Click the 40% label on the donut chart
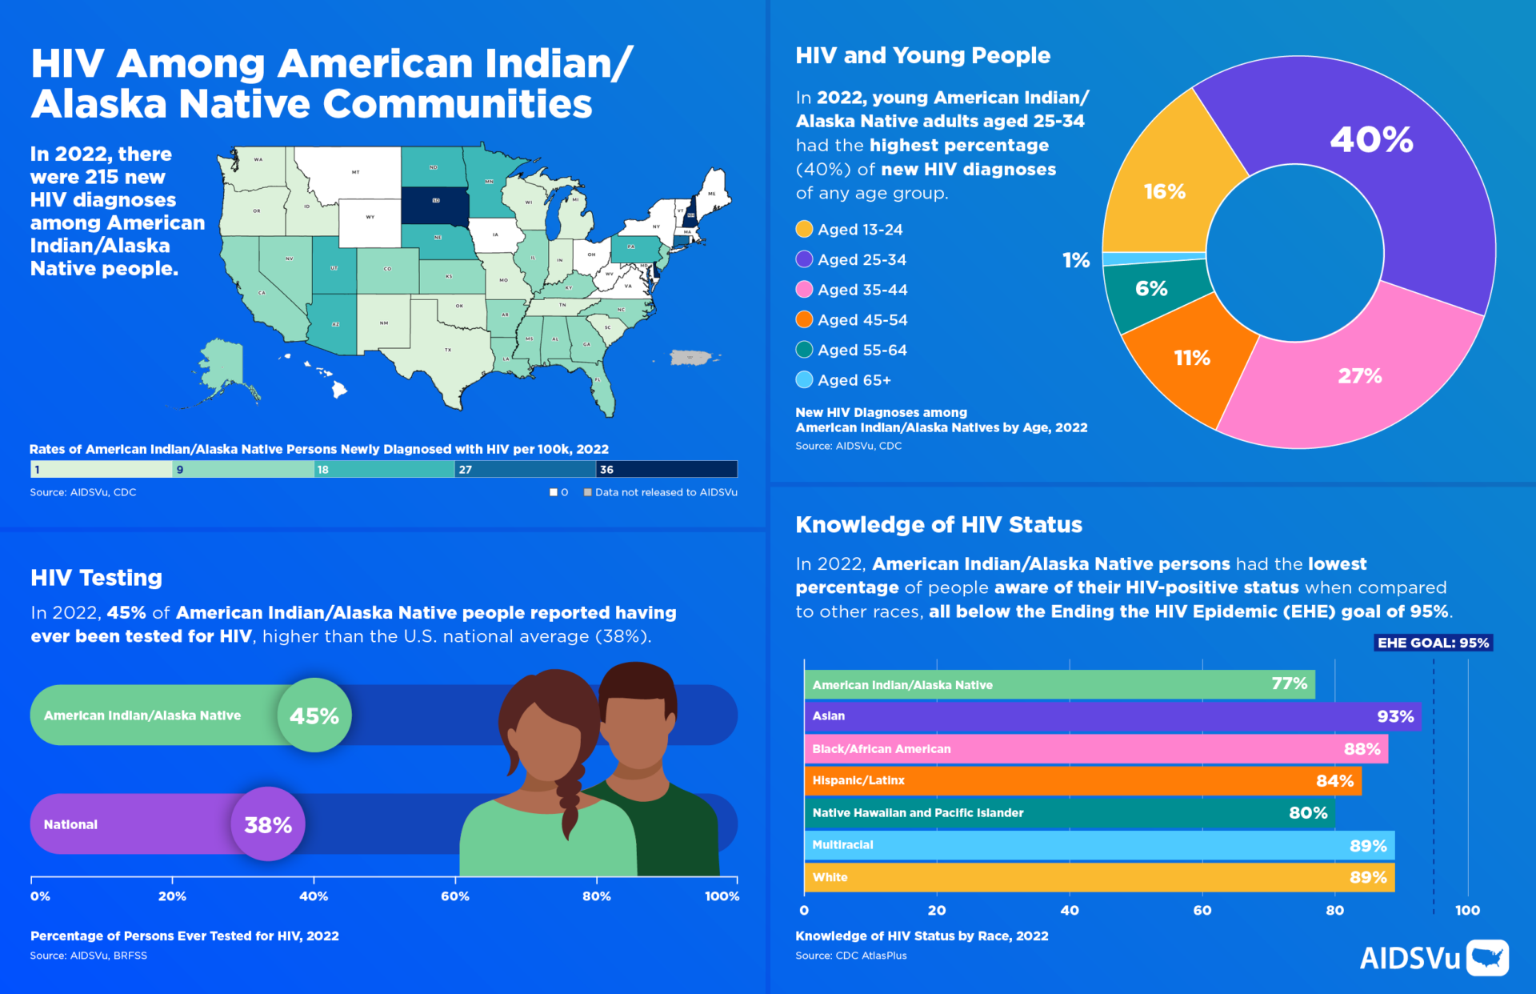1371,140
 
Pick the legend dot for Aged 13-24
804,230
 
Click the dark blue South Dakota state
435,205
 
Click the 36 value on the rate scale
607,470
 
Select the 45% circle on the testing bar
314,715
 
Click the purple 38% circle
268,824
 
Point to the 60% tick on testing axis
455,896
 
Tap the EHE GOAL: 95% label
1433,643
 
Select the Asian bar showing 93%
1112,716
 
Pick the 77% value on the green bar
1289,683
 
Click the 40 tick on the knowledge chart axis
1070,910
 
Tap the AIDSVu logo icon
1488,957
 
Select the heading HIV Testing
96,578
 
